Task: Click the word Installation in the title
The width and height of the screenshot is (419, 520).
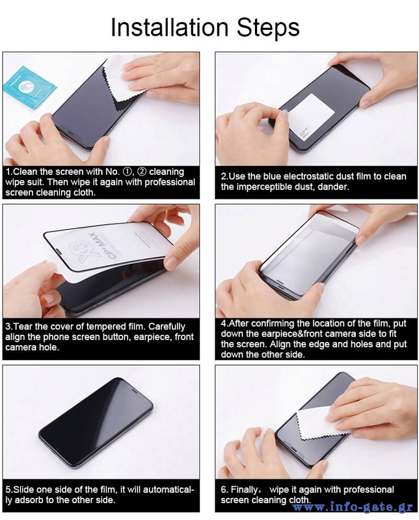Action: [x=169, y=27]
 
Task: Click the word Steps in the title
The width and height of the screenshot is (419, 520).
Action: [x=268, y=28]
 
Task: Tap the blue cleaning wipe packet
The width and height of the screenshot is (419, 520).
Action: [x=29, y=88]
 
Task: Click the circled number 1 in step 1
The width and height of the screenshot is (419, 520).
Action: [x=127, y=172]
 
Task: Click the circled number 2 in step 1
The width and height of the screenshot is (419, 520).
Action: [x=142, y=172]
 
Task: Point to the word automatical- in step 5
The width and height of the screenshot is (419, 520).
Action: [x=169, y=490]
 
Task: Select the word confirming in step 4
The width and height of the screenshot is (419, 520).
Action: [x=269, y=324]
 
